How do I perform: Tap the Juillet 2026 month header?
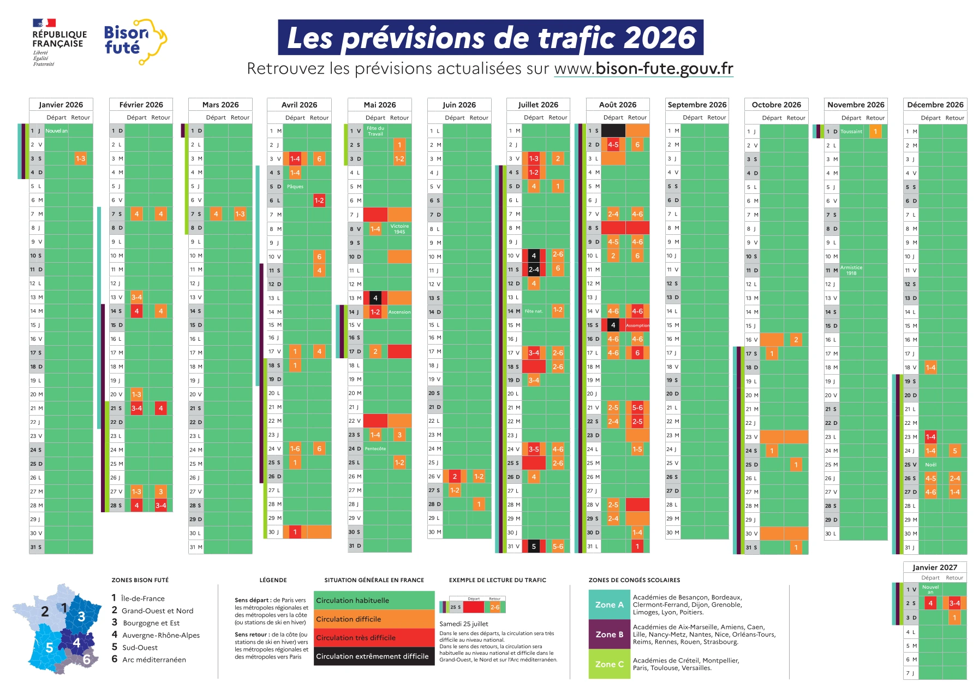[x=538, y=104]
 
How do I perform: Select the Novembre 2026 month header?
[x=855, y=104]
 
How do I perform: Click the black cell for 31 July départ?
[x=533, y=546]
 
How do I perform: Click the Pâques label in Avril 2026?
[x=295, y=187]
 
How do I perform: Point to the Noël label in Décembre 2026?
[x=930, y=465]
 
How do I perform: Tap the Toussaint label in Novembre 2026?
[x=851, y=132]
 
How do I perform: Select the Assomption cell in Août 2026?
[x=637, y=325]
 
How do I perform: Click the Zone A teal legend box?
[x=609, y=605]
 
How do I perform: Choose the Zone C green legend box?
[x=609, y=664]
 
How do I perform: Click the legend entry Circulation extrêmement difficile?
[x=373, y=656]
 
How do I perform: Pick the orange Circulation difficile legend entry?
[x=373, y=619]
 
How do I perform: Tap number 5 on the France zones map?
[x=49, y=648]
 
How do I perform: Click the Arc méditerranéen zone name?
[x=154, y=660]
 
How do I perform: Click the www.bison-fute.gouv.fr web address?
[x=643, y=69]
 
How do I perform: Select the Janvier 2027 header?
[x=934, y=567]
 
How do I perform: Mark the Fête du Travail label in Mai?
[x=375, y=131]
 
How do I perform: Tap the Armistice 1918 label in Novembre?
[x=851, y=270]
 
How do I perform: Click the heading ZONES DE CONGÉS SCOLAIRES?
[x=634, y=580]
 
